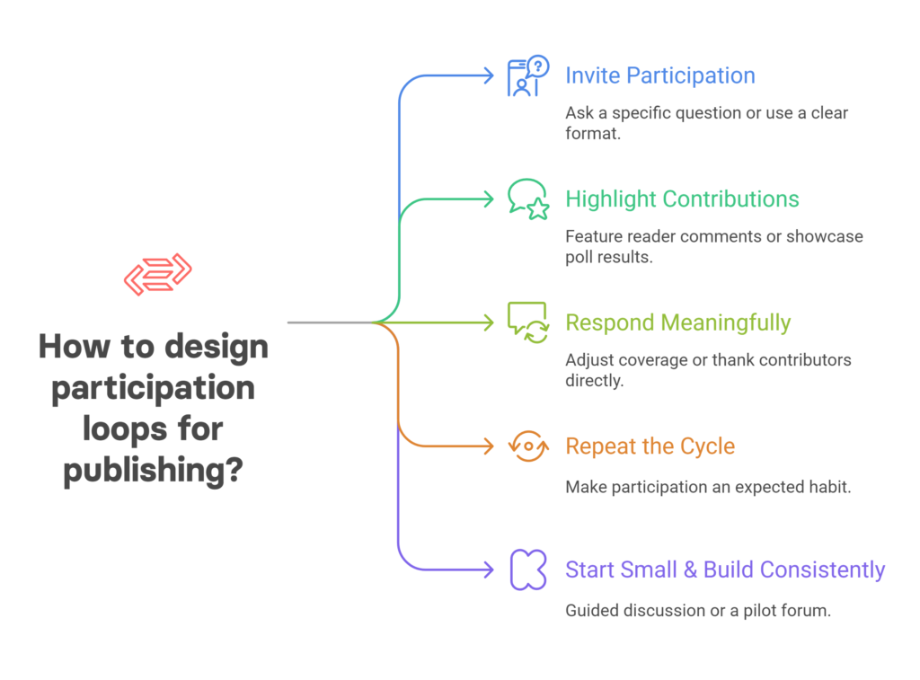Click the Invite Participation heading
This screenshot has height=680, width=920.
[x=660, y=75]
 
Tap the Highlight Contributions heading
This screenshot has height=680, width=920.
[x=682, y=199]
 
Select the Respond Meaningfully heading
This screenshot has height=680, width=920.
[x=677, y=323]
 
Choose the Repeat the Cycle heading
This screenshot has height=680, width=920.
[x=650, y=446]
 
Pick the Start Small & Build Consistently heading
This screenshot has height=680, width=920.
[x=725, y=570]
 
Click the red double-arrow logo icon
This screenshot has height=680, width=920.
[x=158, y=275]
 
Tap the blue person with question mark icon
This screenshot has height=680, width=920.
[x=528, y=75]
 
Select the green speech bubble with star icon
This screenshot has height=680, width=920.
[x=528, y=199]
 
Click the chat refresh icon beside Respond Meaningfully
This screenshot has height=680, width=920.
[x=528, y=323]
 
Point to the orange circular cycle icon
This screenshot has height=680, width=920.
[x=528, y=446]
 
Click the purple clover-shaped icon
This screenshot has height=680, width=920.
[x=528, y=570]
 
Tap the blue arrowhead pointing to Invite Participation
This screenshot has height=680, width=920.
[x=488, y=75]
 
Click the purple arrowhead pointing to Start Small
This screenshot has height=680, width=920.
[x=488, y=570]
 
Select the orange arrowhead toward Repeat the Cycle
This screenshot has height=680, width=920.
[x=488, y=446]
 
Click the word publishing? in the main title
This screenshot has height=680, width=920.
[x=153, y=470]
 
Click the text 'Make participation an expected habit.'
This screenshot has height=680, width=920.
[x=708, y=487]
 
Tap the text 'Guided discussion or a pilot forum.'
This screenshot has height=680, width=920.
[x=698, y=611]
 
